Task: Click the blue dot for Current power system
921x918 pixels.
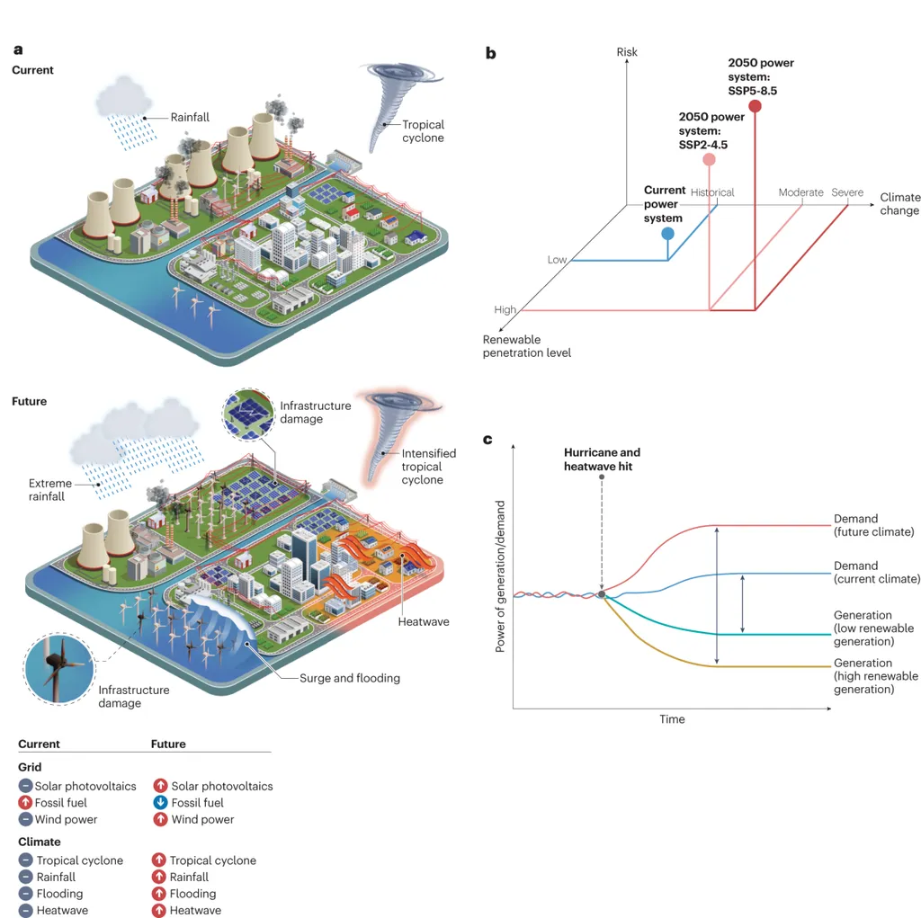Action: click(667, 234)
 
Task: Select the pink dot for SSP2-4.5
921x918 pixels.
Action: click(710, 160)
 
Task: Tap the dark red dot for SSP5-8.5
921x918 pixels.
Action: click(755, 106)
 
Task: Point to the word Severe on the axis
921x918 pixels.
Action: click(847, 192)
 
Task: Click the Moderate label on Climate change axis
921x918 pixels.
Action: click(800, 192)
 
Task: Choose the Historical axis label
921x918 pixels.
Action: click(712, 192)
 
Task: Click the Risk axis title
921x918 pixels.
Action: click(627, 52)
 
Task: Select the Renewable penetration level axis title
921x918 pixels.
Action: click(527, 346)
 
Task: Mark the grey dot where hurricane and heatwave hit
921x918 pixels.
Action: click(602, 594)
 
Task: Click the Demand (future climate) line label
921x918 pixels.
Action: click(873, 525)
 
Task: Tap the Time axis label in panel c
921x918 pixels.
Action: click(672, 719)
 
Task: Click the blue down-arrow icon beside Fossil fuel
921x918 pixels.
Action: click(160, 803)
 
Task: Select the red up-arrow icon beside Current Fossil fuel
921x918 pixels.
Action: click(25, 803)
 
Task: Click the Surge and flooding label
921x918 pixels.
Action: click(350, 678)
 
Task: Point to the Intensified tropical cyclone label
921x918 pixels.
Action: click(428, 467)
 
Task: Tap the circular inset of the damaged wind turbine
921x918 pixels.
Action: click(59, 666)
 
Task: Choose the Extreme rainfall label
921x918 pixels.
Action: click(47, 490)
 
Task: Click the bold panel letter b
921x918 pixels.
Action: click(491, 53)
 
